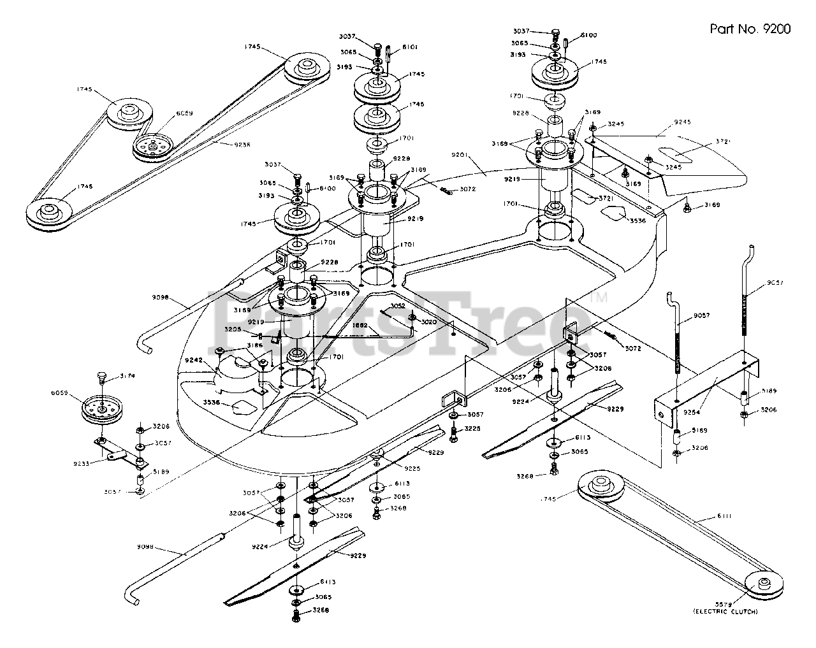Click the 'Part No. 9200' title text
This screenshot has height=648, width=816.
tap(750, 29)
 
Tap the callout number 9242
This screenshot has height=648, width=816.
tap(194, 360)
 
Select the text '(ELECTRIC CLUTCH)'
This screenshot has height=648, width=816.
tap(726, 612)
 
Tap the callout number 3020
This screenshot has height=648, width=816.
tap(428, 322)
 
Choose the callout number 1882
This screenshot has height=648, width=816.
tap(360, 325)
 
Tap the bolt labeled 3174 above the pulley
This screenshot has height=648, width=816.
tap(102, 378)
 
